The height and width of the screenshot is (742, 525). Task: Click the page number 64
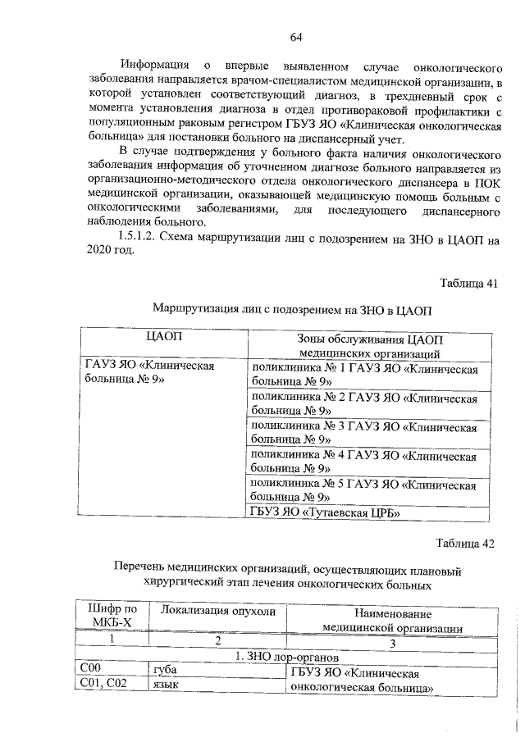pos(296,37)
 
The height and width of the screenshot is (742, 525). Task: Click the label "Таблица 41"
pos(468,284)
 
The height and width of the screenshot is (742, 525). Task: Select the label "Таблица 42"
pos(468,543)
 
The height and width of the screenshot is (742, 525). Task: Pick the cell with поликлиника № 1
pos(364,376)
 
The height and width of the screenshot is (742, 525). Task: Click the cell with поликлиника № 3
pos(364,433)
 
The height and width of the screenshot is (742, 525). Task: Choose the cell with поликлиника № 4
pos(364,462)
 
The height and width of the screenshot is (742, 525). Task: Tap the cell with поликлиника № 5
pos(364,490)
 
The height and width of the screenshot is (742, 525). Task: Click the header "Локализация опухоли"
pos(216,612)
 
